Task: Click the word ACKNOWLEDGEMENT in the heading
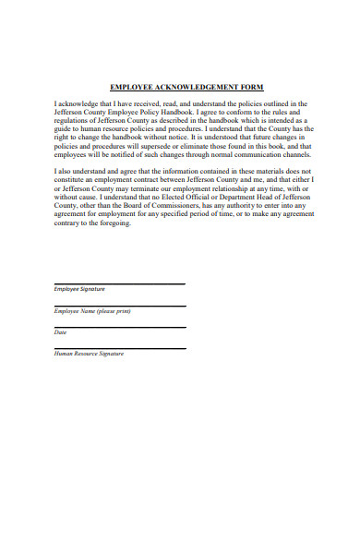point(192,88)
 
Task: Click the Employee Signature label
point(79,290)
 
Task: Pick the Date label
point(61,332)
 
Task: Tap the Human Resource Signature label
point(89,354)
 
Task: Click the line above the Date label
point(120,327)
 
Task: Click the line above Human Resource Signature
point(120,348)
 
